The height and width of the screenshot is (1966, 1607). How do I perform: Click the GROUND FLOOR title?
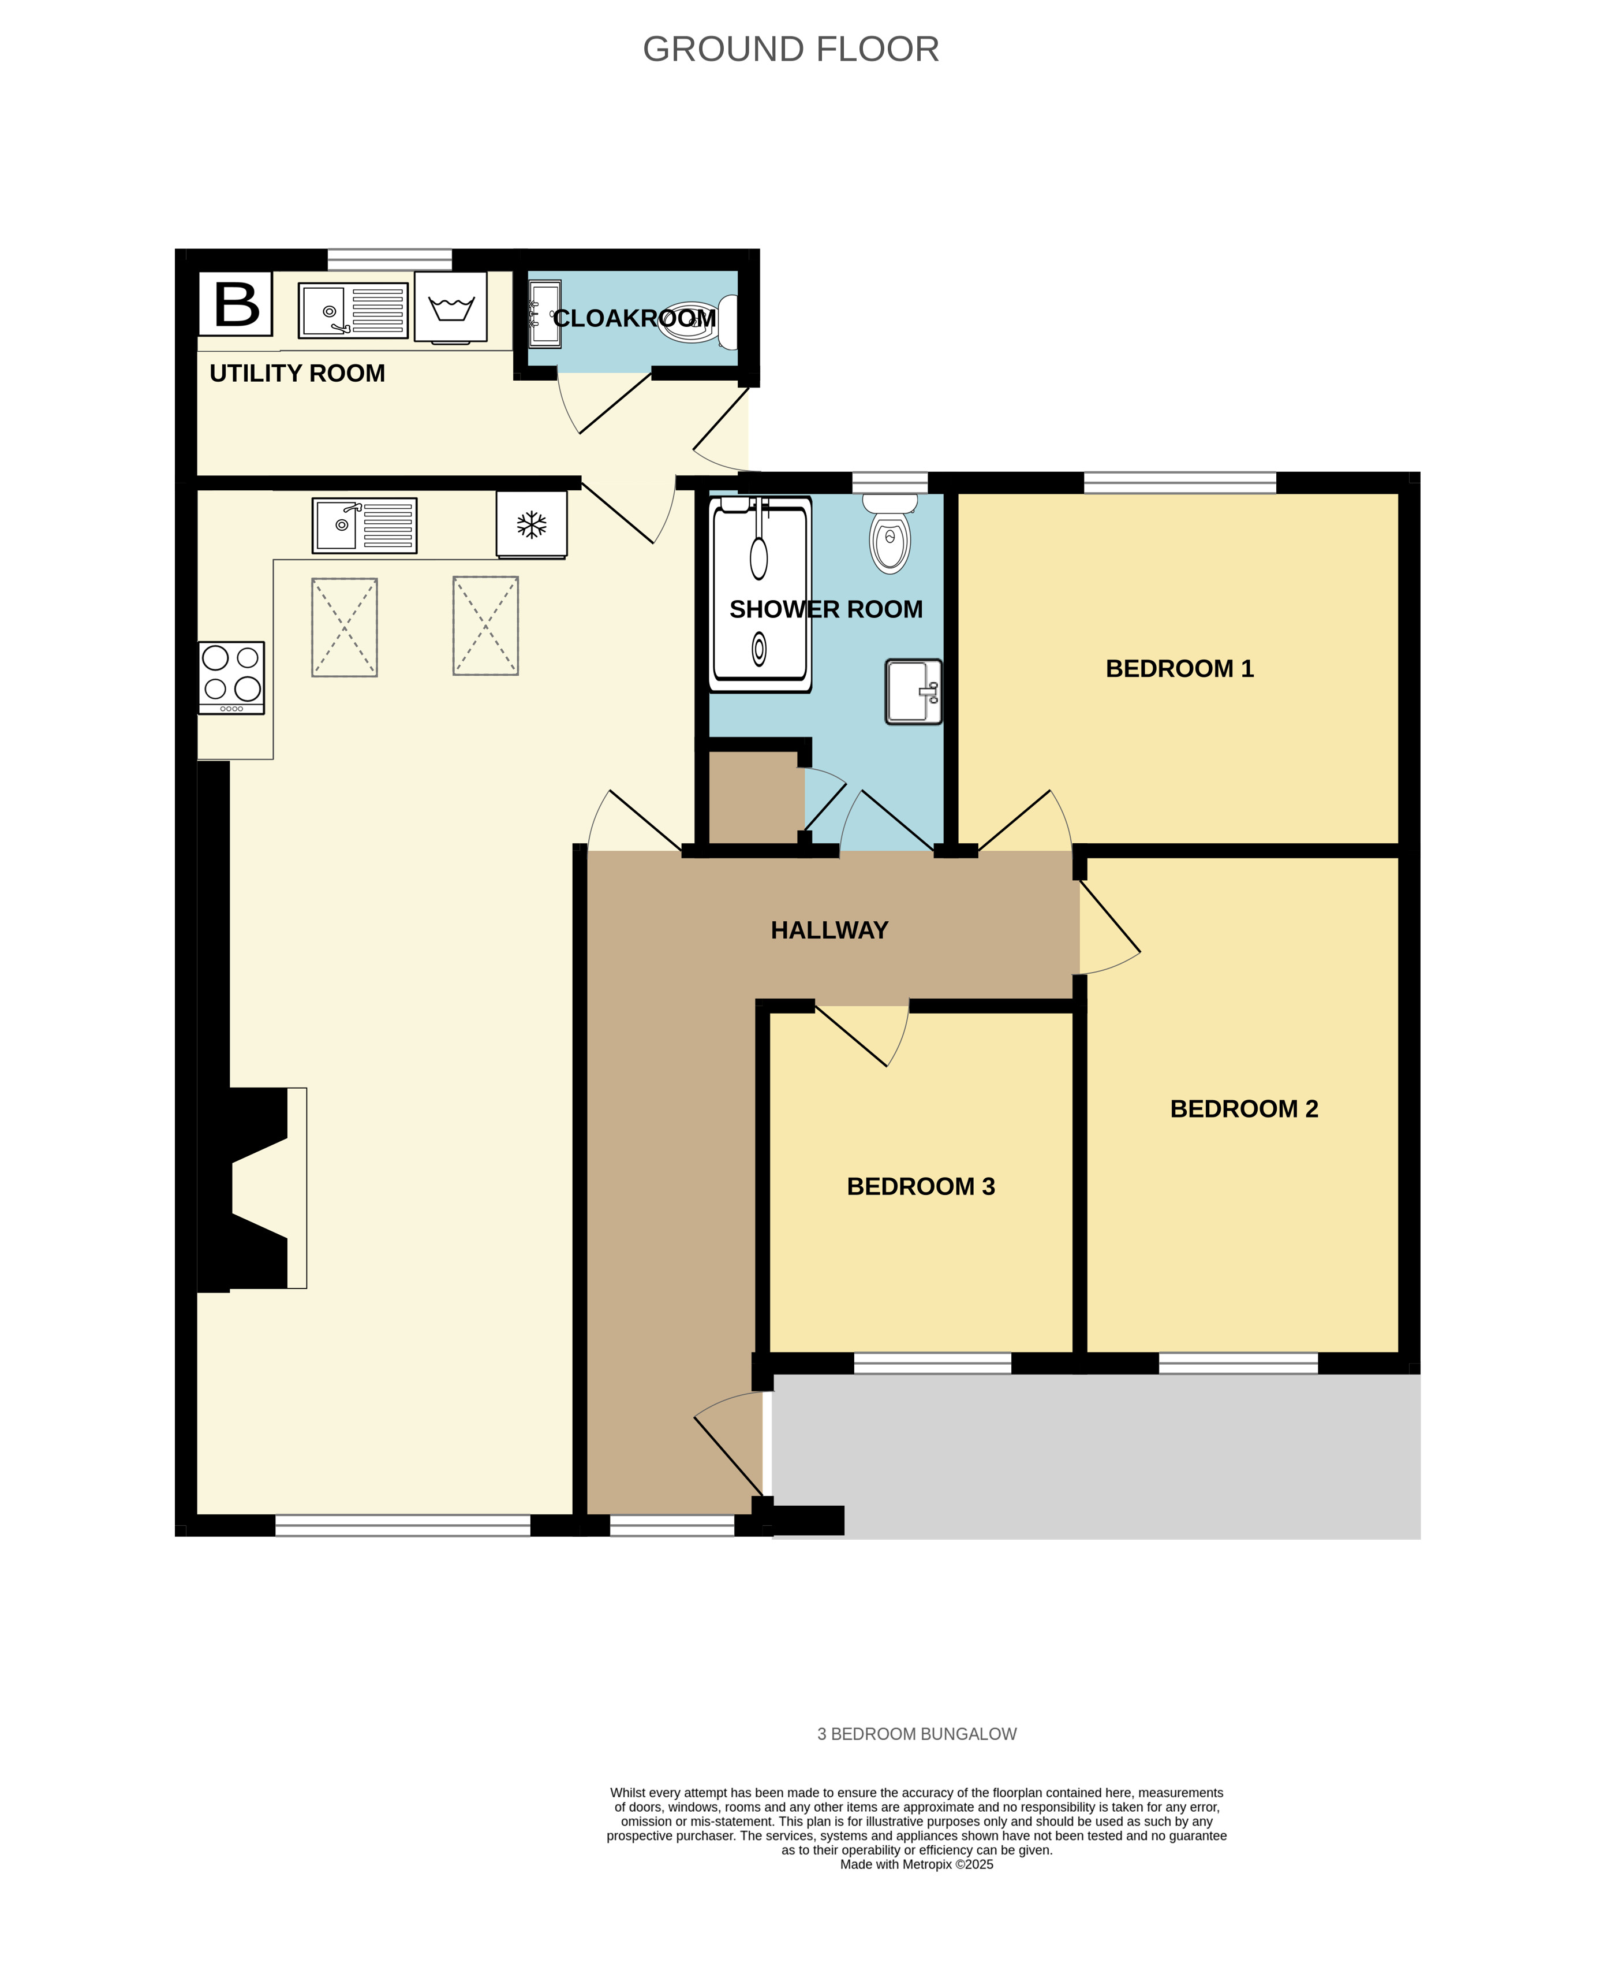pos(791,49)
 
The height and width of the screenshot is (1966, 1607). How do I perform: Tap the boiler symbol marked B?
pos(236,304)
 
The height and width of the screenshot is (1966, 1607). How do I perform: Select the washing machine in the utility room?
pos(451,307)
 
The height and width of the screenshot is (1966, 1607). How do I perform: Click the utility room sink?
pos(353,310)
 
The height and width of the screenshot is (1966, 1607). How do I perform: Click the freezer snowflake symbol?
pos(532,525)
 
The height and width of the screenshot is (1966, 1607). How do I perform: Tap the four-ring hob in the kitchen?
pos(231,677)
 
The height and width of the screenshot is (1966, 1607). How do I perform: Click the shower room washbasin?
pos(914,691)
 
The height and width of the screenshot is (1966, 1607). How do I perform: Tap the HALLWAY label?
pos(829,930)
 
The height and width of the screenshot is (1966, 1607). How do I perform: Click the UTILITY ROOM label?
pos(297,373)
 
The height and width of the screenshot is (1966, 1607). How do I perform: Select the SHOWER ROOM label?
pos(825,609)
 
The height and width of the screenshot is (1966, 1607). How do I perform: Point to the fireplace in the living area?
pos(252,1187)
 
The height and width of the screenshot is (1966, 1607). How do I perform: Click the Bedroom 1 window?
pos(1179,482)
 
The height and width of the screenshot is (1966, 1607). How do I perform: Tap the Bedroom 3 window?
pos(932,1362)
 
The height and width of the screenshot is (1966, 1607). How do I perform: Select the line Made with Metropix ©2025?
pos(917,1864)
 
